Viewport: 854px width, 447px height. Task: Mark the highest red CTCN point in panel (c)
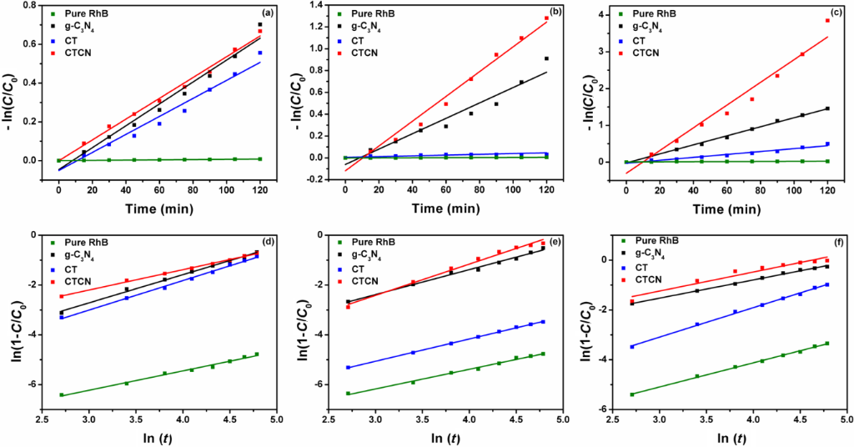click(x=827, y=20)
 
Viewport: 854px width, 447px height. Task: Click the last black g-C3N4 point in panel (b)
click(x=546, y=58)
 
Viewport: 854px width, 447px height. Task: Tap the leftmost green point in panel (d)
click(x=62, y=394)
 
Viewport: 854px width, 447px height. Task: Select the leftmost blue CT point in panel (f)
click(x=632, y=346)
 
